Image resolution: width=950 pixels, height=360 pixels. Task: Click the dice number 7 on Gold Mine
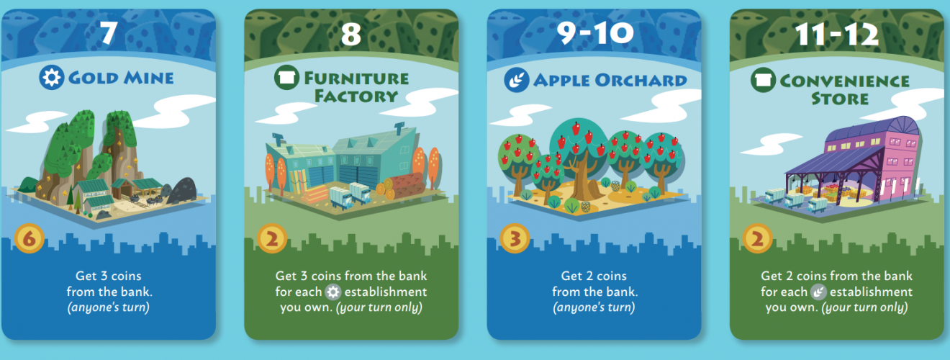(x=109, y=32)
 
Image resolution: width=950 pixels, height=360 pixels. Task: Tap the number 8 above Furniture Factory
(x=351, y=34)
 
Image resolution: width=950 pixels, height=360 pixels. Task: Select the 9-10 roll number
(x=594, y=32)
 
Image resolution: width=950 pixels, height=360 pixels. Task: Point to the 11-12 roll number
(x=837, y=34)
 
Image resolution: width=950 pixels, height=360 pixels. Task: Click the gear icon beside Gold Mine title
(x=52, y=78)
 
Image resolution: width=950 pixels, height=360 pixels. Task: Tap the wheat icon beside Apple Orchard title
(x=517, y=80)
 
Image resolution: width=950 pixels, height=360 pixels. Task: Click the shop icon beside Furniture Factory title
(x=286, y=77)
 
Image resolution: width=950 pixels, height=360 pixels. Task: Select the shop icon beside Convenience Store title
(x=764, y=80)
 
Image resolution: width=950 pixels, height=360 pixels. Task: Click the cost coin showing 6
(x=30, y=238)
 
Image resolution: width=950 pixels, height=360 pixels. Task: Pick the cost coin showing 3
(x=515, y=238)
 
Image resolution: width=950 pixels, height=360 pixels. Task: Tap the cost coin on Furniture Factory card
(x=272, y=238)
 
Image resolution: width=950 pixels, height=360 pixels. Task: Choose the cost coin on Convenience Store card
(x=757, y=238)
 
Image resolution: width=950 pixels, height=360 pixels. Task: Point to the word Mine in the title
(x=148, y=78)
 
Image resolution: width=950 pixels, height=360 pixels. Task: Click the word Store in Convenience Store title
(x=840, y=99)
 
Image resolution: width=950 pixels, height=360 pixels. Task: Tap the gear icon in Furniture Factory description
(x=333, y=292)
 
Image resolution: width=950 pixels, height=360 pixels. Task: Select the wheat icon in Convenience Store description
(x=818, y=292)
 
